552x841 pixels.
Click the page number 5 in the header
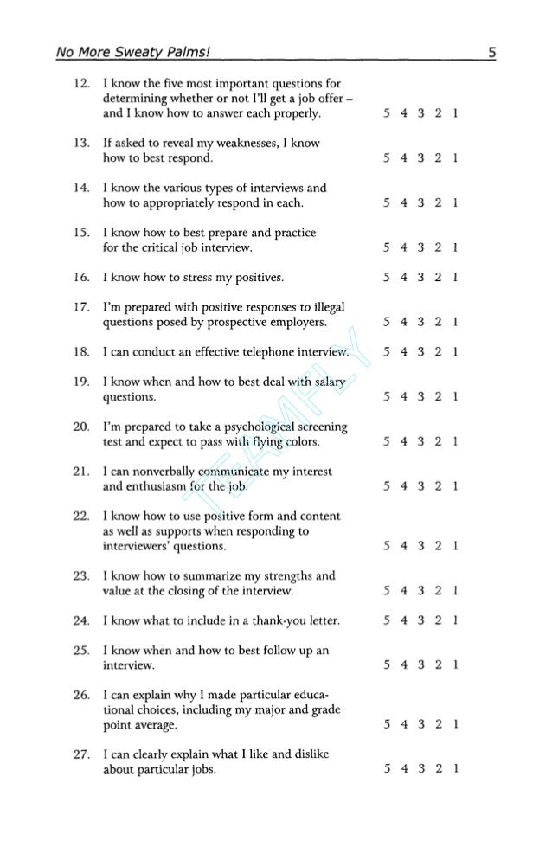491,54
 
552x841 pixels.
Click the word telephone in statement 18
258,352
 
